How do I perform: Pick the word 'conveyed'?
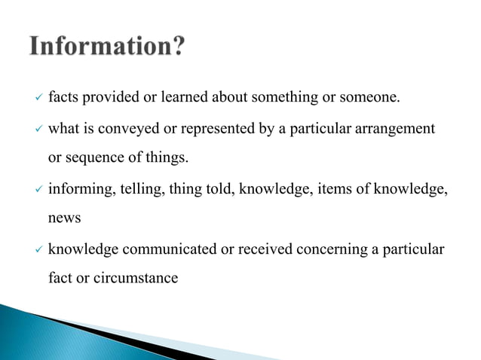(133, 129)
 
